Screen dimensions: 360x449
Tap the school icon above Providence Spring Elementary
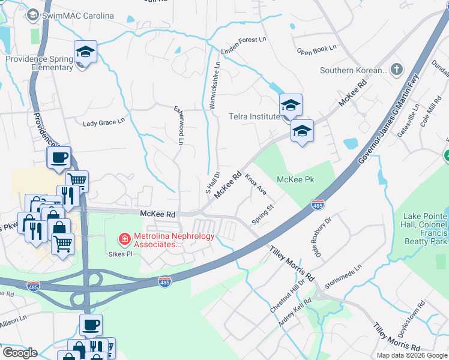pyautogui.click(x=85, y=53)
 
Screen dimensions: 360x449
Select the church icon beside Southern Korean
pyautogui.click(x=396, y=70)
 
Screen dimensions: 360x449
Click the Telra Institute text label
pyautogui.click(x=252, y=118)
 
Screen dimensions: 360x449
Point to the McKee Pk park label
pyautogui.click(x=295, y=179)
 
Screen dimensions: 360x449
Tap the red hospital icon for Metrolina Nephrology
pyautogui.click(x=124, y=240)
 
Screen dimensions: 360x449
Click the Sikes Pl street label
pyautogui.click(x=121, y=254)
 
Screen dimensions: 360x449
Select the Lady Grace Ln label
pyautogui.click(x=103, y=122)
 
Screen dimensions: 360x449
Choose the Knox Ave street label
pyautogui.click(x=255, y=184)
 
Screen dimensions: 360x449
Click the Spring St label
pyautogui.click(x=262, y=214)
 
